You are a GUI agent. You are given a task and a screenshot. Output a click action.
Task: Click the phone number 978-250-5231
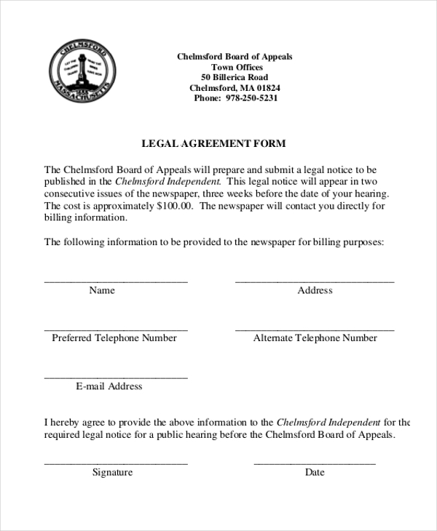pos(251,98)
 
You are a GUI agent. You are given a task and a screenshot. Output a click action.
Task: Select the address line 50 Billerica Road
pos(235,77)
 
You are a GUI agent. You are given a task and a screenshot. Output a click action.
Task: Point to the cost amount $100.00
pos(175,206)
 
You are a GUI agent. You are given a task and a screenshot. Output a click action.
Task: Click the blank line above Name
pos(116,281)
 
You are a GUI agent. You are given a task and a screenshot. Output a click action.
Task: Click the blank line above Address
pos(314,281)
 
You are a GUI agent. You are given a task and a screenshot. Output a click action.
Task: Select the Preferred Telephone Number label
pos(114,338)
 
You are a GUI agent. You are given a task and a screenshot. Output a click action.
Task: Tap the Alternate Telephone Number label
pos(315,338)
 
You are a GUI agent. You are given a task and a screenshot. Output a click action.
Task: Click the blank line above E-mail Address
pos(116,378)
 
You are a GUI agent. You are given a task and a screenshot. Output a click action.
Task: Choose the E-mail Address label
pos(109,386)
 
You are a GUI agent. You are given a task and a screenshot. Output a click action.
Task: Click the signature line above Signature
pos(116,463)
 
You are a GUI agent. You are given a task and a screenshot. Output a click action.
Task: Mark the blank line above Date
pos(314,463)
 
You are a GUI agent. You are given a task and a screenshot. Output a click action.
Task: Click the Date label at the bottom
pos(315,472)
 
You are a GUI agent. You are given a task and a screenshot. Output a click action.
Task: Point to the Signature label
pos(112,472)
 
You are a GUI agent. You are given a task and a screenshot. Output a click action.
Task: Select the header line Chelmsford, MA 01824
pos(235,88)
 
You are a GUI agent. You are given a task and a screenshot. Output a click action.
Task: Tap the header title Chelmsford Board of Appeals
pos(235,57)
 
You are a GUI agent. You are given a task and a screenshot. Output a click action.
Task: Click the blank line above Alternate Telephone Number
pos(314,330)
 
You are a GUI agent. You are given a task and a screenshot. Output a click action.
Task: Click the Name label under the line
pos(102,290)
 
